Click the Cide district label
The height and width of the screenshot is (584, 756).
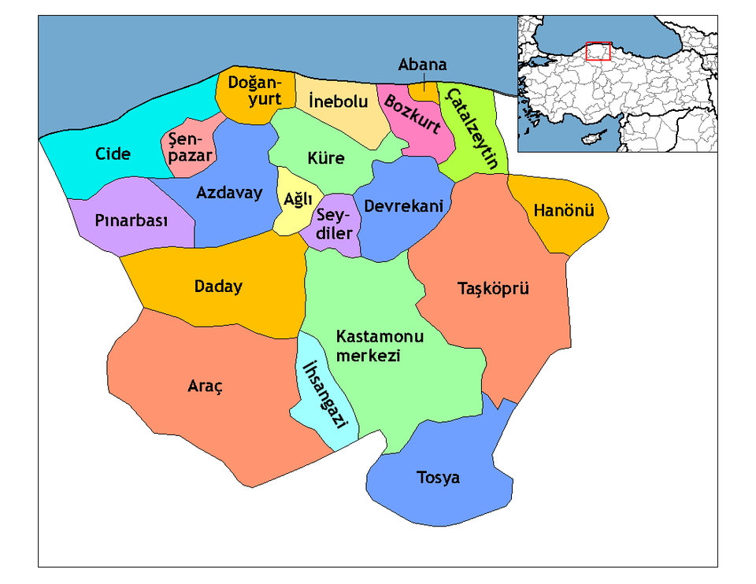pos(113,153)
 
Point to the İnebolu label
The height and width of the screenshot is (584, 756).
pos(339,102)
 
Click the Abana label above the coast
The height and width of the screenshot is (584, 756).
pos(423,65)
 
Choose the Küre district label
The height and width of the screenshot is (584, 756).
pos(326,158)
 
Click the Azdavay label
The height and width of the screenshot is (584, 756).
pos(229,193)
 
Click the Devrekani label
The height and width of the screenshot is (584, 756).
pos(403,205)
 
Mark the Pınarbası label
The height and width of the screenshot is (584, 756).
pos(132,221)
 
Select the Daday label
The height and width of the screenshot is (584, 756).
pos(218,286)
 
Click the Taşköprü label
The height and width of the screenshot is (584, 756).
pos(494,289)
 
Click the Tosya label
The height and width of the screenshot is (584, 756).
pos(438,478)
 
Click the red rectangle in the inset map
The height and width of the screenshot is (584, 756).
pos(598,51)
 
